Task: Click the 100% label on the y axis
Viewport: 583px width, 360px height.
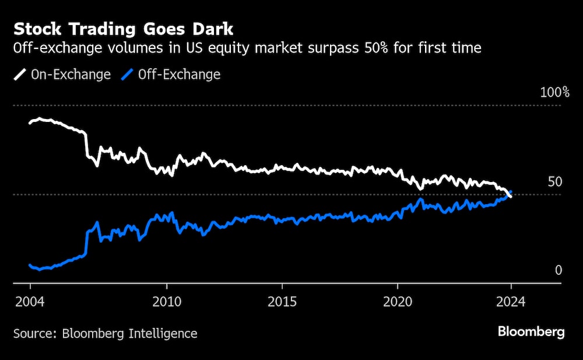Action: coord(554,92)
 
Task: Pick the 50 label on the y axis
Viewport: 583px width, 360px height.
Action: coord(554,182)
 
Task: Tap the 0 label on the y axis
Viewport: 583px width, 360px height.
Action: coord(558,270)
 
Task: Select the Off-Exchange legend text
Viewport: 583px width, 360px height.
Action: coord(179,75)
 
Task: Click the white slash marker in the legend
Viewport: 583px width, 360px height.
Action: coord(21,75)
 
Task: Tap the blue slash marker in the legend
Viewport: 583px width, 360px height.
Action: coord(128,75)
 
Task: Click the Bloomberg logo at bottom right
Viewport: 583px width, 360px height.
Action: coord(531,333)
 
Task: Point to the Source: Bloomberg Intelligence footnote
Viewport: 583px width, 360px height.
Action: coord(106,334)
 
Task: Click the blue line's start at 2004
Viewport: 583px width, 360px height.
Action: coord(30,265)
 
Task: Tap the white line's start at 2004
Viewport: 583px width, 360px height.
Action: coord(30,123)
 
